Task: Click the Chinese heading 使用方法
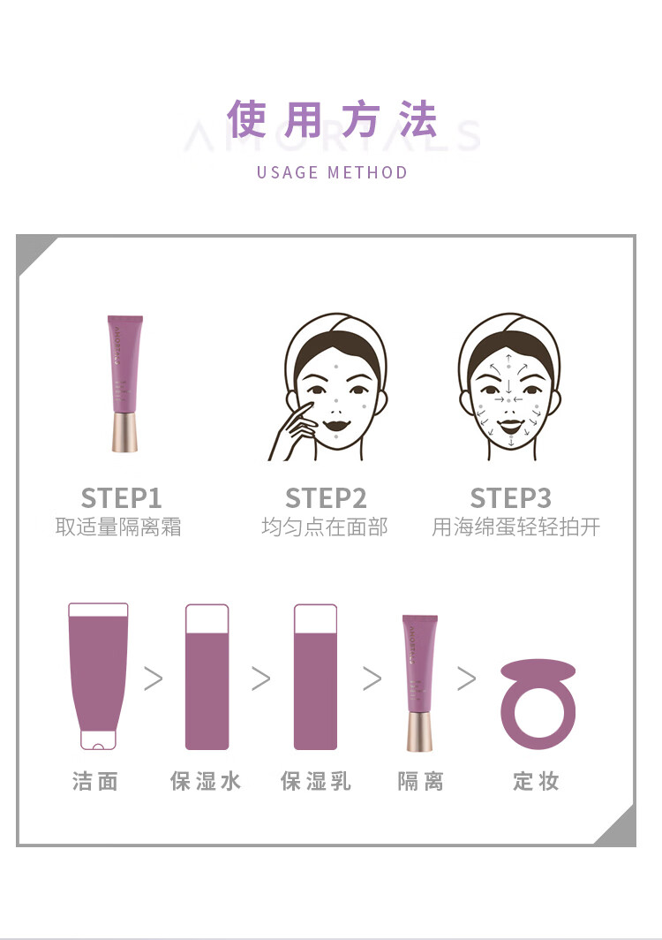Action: coord(331,120)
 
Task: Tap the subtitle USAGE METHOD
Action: coord(332,172)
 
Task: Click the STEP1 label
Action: coord(121,497)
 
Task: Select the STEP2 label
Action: coord(326,497)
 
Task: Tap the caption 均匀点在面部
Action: coord(324,527)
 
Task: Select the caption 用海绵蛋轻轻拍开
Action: coord(515,527)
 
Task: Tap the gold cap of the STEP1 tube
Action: coord(124,432)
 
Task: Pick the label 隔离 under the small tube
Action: coord(420,781)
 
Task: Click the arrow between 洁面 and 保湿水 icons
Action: coord(154,678)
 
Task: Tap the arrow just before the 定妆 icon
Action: coord(466,678)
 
